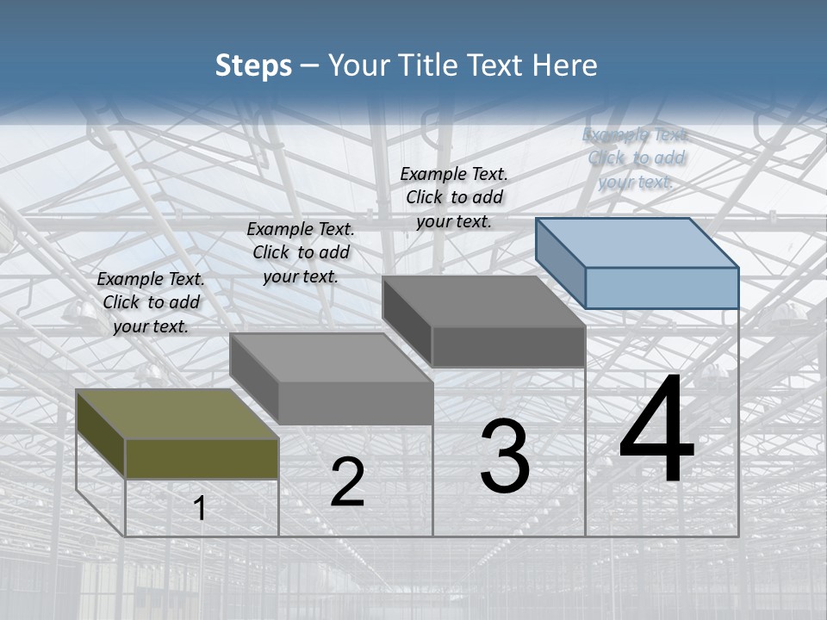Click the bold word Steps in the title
(x=252, y=65)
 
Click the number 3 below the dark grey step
(x=505, y=456)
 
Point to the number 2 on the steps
(x=347, y=482)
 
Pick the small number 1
(x=200, y=509)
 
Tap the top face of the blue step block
(x=636, y=242)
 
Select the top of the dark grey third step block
(x=482, y=301)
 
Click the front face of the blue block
(x=662, y=288)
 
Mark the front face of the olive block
(x=202, y=458)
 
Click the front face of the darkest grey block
(x=508, y=347)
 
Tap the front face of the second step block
(x=355, y=403)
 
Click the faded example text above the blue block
(x=636, y=158)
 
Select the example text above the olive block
(x=151, y=303)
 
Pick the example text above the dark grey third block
(x=454, y=198)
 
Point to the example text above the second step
(x=301, y=253)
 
